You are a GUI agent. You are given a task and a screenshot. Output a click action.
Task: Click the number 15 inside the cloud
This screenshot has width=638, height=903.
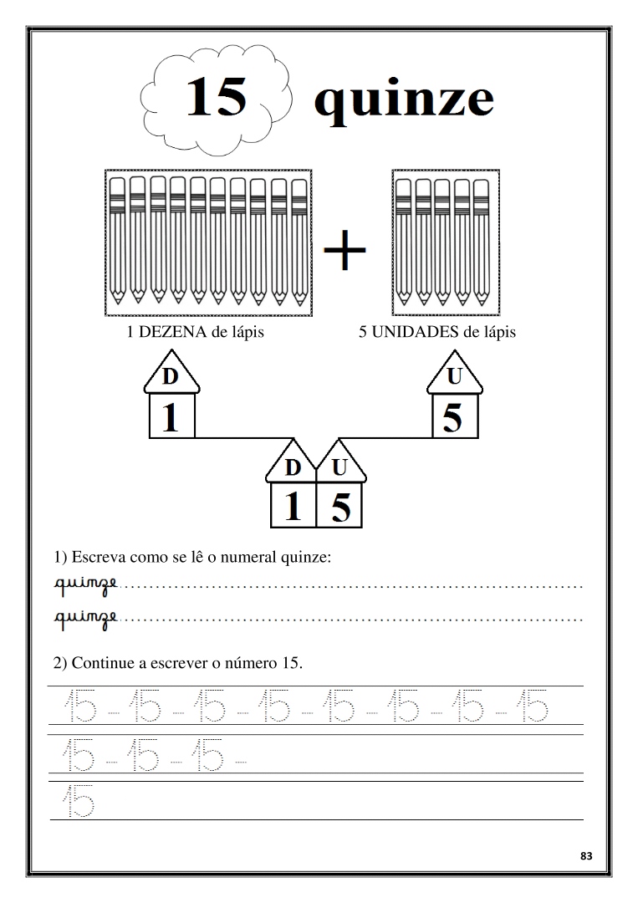(x=216, y=97)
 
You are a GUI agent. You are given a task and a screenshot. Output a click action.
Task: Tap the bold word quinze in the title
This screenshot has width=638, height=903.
(x=403, y=102)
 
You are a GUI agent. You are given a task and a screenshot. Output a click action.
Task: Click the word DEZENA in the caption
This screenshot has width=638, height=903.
(x=172, y=332)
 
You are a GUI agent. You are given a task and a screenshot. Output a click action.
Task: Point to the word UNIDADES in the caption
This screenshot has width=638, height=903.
(x=416, y=332)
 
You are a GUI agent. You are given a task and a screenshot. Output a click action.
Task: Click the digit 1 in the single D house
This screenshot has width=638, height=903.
(x=171, y=417)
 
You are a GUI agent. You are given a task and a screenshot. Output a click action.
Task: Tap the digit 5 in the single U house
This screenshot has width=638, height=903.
(x=452, y=417)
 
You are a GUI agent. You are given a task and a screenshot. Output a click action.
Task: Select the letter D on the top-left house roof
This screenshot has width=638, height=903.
(x=170, y=377)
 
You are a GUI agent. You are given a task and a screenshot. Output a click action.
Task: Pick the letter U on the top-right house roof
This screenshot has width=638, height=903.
(x=454, y=377)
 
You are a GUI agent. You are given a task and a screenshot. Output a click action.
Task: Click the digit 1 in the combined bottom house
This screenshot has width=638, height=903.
(x=293, y=507)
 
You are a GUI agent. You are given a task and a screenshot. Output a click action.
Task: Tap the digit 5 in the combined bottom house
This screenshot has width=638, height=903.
(x=340, y=508)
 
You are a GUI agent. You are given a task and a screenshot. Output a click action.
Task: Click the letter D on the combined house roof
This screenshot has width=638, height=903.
(x=293, y=468)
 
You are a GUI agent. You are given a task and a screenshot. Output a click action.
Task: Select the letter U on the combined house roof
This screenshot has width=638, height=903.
(x=339, y=468)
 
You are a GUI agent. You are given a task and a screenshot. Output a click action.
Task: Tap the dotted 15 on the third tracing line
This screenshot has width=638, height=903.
(x=78, y=801)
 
